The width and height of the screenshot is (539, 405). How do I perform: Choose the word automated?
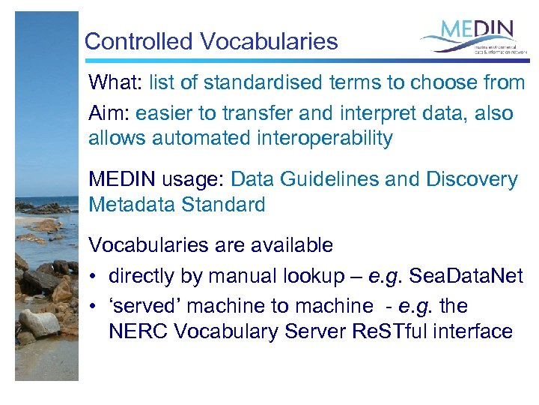coord(197,138)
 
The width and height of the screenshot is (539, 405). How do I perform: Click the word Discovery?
coord(472,180)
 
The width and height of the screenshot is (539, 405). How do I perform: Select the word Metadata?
coord(132,204)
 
